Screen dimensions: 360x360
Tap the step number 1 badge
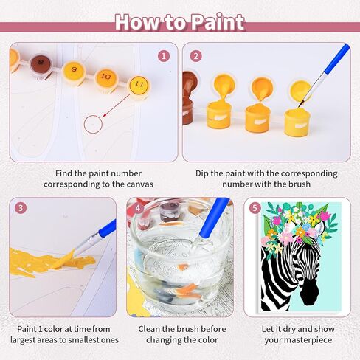164,55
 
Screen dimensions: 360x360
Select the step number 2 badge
196,55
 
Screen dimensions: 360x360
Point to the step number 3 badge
21,208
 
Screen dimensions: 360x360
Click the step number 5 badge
255,207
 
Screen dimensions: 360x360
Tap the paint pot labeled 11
137,83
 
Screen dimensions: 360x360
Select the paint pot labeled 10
105,76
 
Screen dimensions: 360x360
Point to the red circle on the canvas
93,124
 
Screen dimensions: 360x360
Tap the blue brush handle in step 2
336,60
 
